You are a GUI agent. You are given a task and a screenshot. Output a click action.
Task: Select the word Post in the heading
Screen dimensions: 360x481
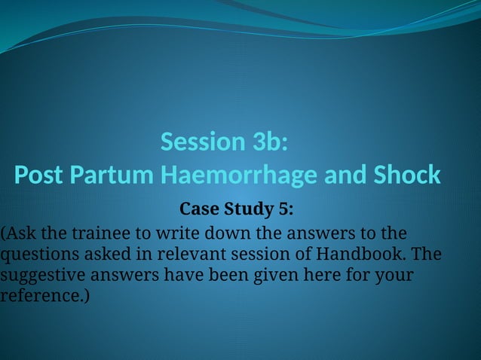pyautogui.click(x=40, y=175)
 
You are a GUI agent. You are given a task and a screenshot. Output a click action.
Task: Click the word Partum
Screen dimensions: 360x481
pyautogui.click(x=112, y=175)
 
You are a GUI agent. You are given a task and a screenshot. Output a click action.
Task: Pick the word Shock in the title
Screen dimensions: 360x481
pyautogui.click(x=407, y=175)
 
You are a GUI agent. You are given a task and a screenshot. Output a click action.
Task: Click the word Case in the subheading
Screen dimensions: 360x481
pyautogui.click(x=198, y=207)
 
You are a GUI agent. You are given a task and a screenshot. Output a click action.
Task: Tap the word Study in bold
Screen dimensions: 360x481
pyautogui.click(x=249, y=207)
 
